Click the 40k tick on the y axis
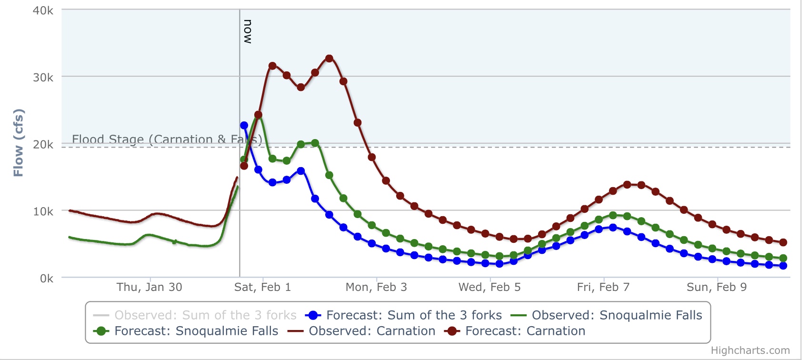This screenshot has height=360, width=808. [x=43, y=10]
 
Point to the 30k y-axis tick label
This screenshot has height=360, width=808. [x=43, y=78]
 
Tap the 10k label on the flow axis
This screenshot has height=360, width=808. [x=43, y=211]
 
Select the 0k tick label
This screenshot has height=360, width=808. [x=46, y=279]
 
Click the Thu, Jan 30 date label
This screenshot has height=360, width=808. [x=150, y=287]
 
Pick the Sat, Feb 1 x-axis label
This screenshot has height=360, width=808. [x=262, y=287]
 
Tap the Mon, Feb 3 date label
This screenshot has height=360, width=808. [x=376, y=287]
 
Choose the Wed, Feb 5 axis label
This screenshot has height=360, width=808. [x=489, y=287]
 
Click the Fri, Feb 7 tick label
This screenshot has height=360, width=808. [x=603, y=287]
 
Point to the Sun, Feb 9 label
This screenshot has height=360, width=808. [x=717, y=287]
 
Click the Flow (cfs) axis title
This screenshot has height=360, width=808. [x=18, y=143]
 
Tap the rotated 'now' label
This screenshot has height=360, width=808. [x=248, y=32]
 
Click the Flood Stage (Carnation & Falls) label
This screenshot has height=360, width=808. [x=167, y=139]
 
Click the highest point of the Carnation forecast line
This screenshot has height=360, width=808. [x=329, y=59]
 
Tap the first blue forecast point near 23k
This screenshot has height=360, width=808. [x=244, y=125]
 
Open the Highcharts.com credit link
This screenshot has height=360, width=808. [x=750, y=350]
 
